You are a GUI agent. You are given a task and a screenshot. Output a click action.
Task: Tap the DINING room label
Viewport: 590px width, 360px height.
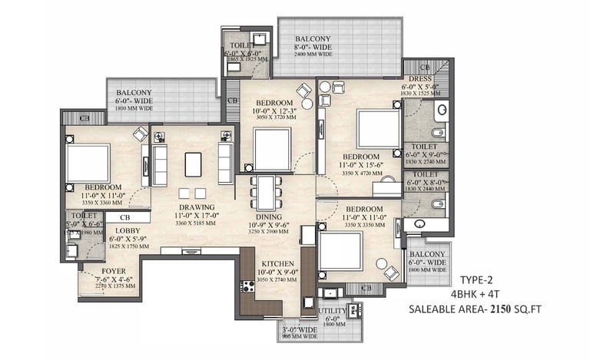[x=265, y=217]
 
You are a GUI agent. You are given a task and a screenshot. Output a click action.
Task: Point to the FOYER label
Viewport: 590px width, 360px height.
[x=114, y=272]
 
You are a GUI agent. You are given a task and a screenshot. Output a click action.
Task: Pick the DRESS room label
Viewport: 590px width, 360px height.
[x=419, y=78]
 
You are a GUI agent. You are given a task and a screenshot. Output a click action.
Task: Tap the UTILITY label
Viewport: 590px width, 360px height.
[x=333, y=311]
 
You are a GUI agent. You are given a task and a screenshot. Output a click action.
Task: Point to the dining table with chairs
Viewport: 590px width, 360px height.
[x=266, y=193]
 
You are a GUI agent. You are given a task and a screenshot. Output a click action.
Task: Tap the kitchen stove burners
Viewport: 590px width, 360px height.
[x=248, y=287]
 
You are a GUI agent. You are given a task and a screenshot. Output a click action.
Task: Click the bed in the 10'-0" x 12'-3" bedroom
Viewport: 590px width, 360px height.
[x=273, y=147]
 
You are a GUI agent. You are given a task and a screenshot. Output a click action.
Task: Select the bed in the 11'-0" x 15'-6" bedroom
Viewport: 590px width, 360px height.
[x=378, y=128]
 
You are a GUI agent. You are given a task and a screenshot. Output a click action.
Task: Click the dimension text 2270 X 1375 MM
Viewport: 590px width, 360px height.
[x=114, y=287]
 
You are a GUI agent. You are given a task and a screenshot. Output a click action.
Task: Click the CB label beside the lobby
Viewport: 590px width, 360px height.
[x=118, y=219]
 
